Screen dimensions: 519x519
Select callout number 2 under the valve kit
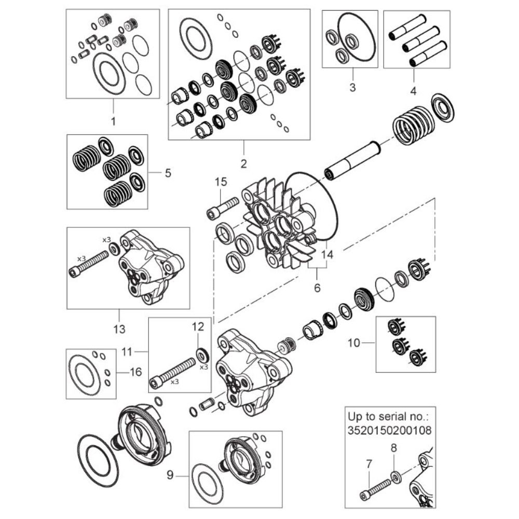click(x=243, y=164)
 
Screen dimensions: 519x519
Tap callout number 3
click(x=352, y=87)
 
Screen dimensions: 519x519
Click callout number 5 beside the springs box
click(x=168, y=173)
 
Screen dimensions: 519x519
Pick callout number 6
click(x=317, y=287)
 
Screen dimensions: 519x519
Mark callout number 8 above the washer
click(x=393, y=447)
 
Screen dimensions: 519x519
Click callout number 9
click(x=170, y=474)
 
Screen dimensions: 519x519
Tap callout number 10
click(x=353, y=343)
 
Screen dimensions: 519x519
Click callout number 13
click(x=119, y=329)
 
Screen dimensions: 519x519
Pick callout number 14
click(x=326, y=255)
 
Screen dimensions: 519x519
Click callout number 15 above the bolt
click(x=221, y=182)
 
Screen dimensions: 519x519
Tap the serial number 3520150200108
click(x=389, y=430)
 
